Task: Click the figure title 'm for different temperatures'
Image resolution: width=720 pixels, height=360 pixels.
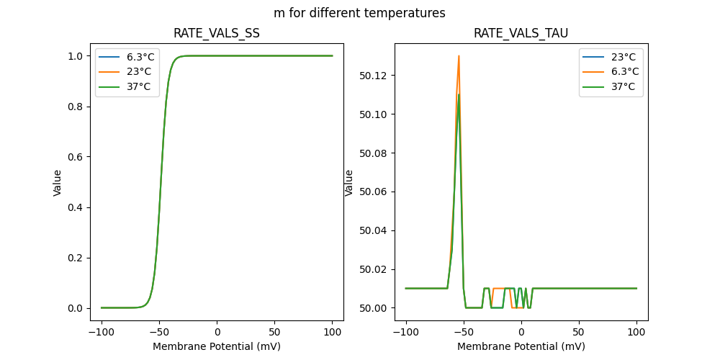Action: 359,13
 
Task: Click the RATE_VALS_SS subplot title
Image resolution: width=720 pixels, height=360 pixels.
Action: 217,34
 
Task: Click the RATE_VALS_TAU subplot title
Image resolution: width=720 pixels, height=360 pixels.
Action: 521,34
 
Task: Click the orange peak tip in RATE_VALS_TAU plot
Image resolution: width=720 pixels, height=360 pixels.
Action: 459,56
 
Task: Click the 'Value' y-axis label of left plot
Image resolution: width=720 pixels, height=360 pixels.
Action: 58,183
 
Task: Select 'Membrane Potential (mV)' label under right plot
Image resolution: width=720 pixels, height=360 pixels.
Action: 521,346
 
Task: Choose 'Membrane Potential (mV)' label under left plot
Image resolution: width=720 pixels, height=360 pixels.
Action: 217,346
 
